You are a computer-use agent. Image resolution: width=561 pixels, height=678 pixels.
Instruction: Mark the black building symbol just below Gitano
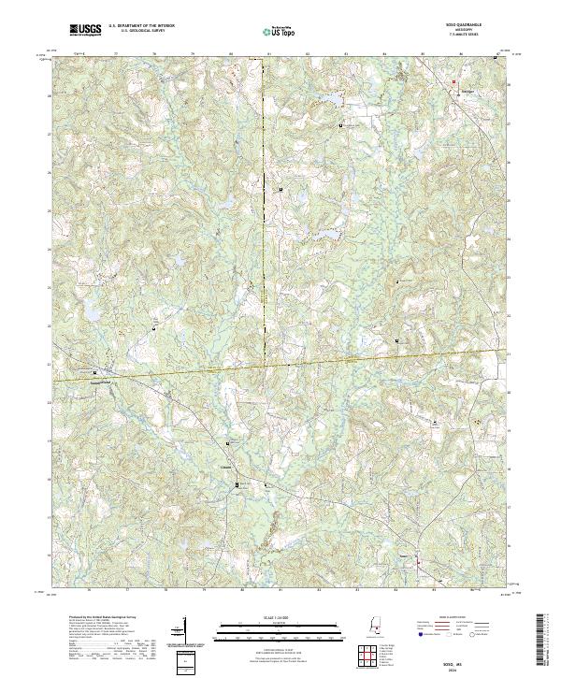(x=237, y=484)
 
